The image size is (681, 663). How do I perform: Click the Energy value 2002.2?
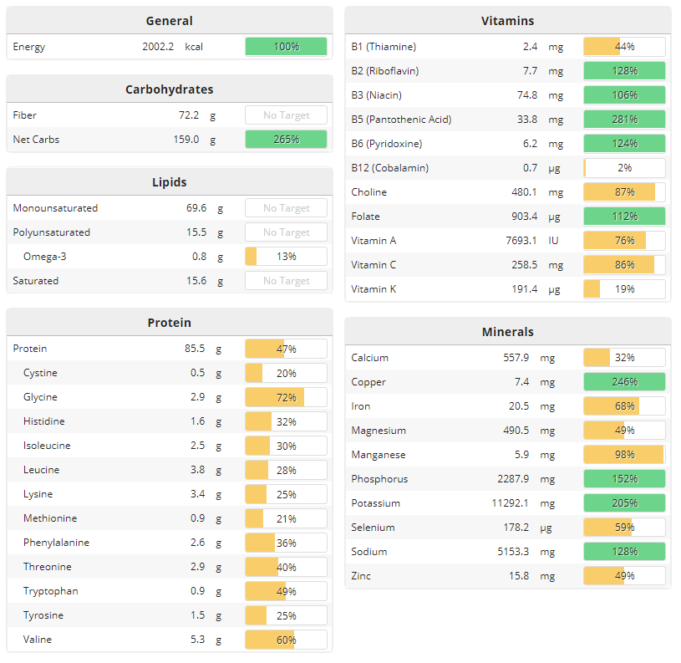point(157,47)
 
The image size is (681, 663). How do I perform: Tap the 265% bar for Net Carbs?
point(286,140)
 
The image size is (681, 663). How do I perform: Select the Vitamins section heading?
point(507,21)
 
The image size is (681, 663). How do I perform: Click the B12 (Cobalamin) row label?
point(390,168)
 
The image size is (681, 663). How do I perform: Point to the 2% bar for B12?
point(624,168)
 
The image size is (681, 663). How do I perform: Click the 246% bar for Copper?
point(624,382)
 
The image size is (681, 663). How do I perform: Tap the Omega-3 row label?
point(44,257)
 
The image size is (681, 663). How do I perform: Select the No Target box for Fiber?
point(286,115)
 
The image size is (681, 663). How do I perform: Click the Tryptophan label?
point(51,591)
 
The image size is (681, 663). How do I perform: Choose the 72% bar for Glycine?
point(286,397)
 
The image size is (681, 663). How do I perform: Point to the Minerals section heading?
point(507,332)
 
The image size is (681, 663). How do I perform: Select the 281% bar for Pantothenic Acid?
point(624,120)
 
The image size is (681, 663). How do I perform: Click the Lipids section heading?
point(169,182)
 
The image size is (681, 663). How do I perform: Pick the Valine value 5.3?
point(197,640)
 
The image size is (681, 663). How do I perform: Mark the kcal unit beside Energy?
point(194,47)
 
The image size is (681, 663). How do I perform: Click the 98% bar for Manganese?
point(624,455)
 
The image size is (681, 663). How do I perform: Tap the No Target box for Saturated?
point(286,281)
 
